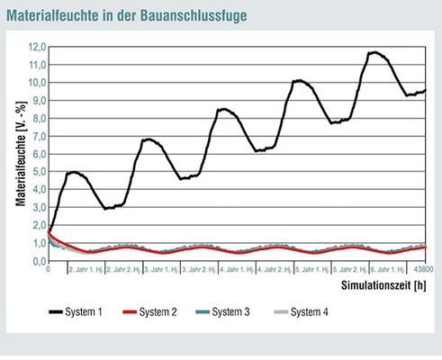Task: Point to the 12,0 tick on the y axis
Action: click(x=36, y=47)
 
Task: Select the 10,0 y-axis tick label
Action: click(x=36, y=83)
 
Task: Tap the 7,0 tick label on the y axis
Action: click(x=38, y=137)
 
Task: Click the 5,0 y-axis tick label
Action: click(x=38, y=172)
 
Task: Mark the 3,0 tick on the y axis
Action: click(x=38, y=208)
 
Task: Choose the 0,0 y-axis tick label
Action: click(x=38, y=262)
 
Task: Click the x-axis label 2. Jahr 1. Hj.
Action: click(x=86, y=269)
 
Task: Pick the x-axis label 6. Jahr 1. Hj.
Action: click(x=388, y=269)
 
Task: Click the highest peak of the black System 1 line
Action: click(x=375, y=52)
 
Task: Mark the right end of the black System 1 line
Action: click(x=426, y=90)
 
